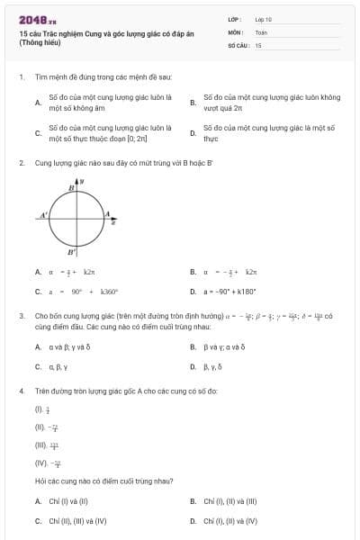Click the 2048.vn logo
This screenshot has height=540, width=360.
tap(37, 19)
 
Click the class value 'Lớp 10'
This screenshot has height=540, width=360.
tap(263, 19)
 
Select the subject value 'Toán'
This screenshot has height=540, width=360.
tap(261, 31)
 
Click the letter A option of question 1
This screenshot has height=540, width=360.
tap(38, 103)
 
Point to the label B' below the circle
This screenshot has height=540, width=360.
tap(71, 254)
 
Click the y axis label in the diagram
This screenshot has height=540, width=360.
tap(83, 182)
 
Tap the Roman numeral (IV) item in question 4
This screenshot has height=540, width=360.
tap(41, 463)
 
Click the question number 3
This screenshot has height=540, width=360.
tap(21, 317)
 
